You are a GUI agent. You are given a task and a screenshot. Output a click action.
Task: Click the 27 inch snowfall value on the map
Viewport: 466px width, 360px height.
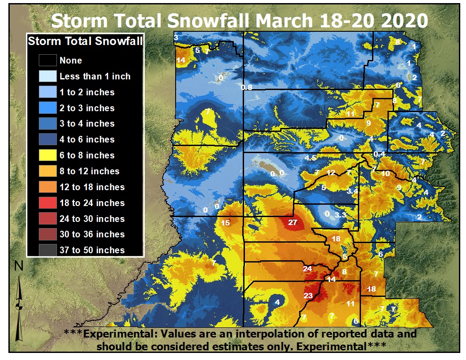tap(293, 222)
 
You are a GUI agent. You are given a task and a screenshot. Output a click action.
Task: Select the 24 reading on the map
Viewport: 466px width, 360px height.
tap(308, 269)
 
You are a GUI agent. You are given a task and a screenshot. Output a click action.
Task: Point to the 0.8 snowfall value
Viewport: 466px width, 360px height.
tap(247, 87)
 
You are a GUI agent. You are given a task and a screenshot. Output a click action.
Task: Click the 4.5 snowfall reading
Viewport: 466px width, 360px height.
tap(310, 158)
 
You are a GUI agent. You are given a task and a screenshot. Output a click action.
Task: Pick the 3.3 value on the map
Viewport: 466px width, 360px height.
tap(340, 215)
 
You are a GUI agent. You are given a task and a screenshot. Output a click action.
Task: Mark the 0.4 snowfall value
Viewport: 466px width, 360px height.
tap(379, 154)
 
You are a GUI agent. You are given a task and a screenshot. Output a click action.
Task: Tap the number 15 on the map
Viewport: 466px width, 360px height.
tap(225, 223)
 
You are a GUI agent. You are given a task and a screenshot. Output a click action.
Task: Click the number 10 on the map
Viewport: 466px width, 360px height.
tap(386, 173)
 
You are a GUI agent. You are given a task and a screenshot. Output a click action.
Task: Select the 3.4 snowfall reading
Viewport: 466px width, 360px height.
tap(352, 191)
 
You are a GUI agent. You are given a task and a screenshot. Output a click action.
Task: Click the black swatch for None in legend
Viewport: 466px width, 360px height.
tap(47, 60)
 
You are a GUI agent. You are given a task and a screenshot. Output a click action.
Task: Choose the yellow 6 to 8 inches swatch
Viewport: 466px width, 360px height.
tap(47, 155)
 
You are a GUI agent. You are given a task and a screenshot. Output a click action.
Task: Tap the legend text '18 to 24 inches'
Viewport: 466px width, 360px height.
tap(92, 203)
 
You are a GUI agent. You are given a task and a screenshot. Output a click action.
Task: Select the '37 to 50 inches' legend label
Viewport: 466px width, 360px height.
tap(92, 250)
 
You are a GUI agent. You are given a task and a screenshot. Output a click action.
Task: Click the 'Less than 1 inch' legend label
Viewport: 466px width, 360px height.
tap(95, 76)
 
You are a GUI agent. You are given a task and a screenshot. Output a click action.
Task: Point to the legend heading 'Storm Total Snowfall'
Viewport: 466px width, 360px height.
tap(85, 41)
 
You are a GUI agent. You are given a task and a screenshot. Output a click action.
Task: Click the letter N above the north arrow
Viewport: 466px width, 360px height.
tap(19, 266)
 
